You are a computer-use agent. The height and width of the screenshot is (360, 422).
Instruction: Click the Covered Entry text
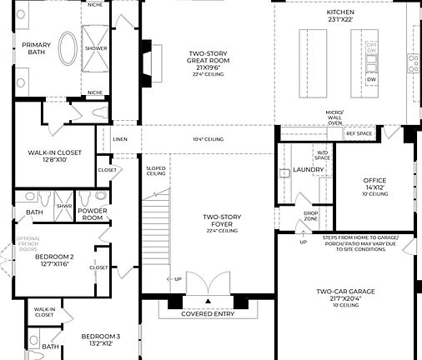(208, 314)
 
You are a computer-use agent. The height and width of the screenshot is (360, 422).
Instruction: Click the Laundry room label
(309, 170)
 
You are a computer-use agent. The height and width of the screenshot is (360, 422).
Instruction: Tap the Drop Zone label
(310, 217)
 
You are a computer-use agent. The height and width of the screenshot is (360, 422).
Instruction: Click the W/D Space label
(322, 155)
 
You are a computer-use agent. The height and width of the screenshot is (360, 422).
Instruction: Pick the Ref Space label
(359, 133)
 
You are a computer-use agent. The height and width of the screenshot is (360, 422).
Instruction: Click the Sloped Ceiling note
(156, 171)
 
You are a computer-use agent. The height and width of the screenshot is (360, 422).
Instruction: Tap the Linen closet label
(120, 140)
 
